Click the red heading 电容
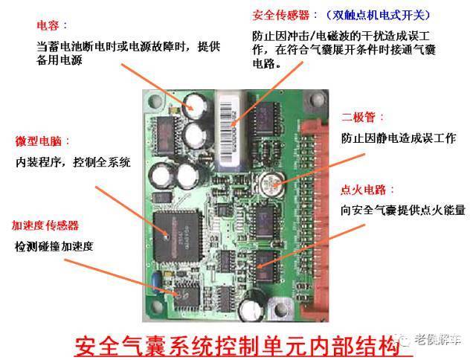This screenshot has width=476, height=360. [48, 25]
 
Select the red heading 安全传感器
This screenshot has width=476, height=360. [281, 15]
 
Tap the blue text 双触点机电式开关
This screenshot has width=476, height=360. [378, 15]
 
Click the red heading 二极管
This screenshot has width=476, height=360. [358, 118]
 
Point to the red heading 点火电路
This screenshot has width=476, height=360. [364, 190]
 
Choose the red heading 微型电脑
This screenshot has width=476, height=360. [38, 141]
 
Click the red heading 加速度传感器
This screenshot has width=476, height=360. [45, 225]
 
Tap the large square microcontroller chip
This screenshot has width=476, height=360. [178, 236]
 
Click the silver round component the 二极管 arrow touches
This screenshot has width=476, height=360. [271, 184]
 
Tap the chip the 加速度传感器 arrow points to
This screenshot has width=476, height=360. [187, 297]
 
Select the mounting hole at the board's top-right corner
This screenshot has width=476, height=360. [317, 99]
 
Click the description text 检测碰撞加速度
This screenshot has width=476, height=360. [54, 246]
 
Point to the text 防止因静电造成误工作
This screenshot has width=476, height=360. [399, 138]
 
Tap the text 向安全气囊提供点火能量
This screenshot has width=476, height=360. [403, 210]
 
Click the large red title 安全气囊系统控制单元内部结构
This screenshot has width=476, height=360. [237, 345]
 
